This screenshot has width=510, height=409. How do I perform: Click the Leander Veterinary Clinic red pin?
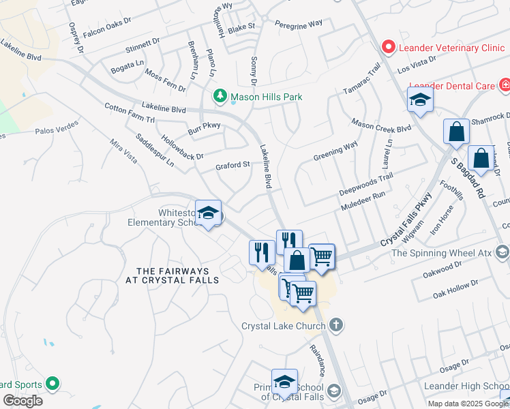click(389, 47)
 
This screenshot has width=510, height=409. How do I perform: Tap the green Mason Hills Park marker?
click(220, 97)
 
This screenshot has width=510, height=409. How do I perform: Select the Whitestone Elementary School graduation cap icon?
click(208, 213)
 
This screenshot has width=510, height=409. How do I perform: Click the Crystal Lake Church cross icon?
click(335, 325)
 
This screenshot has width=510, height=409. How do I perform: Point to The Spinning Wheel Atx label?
click(442, 254)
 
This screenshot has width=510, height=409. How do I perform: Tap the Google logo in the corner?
click(22, 401)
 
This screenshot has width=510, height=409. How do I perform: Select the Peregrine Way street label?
click(298, 24)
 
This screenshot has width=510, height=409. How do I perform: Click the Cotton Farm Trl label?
click(130, 113)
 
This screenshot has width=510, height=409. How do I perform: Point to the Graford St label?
click(233, 166)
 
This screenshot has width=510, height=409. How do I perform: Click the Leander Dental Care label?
click(451, 86)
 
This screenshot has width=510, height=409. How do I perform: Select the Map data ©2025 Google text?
click(468, 404)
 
